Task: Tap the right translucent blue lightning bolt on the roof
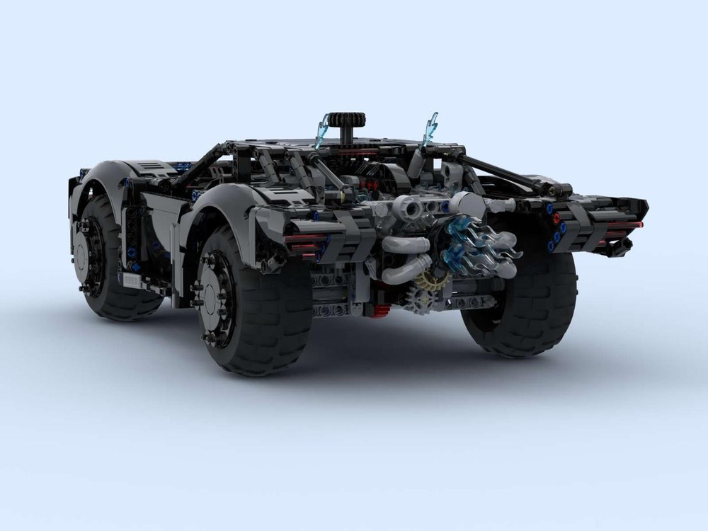point(429,130)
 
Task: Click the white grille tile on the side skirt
point(132,280)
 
